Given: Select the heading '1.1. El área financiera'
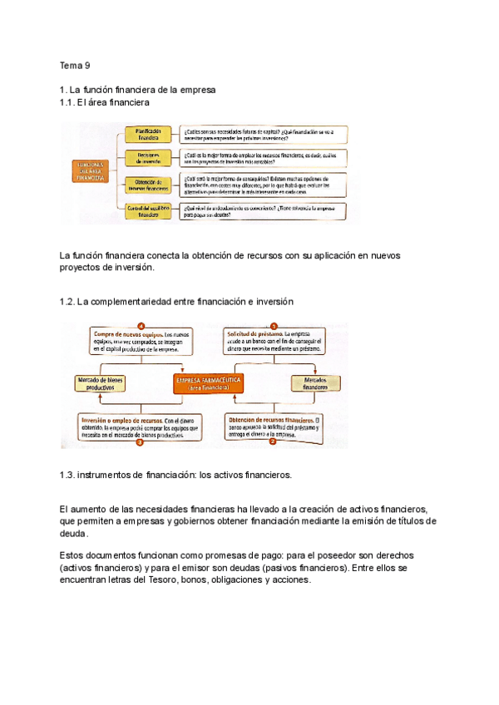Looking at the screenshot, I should [x=105, y=101].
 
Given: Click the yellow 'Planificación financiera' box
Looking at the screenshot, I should [x=149, y=135].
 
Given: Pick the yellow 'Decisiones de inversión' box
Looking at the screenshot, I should [x=149, y=158].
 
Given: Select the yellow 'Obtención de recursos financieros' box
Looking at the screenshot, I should [x=149, y=184].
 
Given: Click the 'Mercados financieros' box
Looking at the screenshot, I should [x=315, y=382].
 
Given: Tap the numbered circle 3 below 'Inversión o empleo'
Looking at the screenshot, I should [x=140, y=443].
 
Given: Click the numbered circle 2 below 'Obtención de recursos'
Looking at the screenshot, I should [x=273, y=442].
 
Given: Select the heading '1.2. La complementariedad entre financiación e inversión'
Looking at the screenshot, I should [x=176, y=301].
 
